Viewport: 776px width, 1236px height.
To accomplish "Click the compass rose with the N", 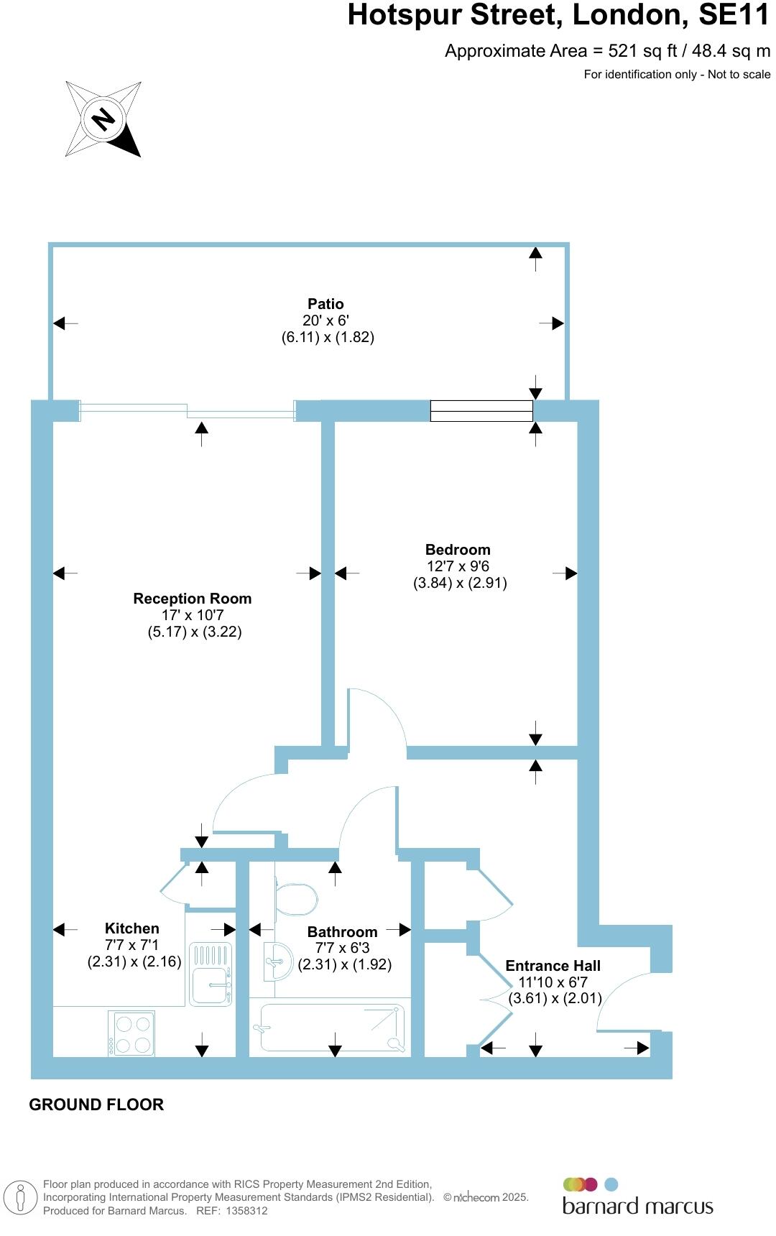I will pyautogui.click(x=103, y=119).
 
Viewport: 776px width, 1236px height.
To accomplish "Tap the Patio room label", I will pyautogui.click(x=326, y=304).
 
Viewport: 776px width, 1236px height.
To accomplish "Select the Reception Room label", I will pyautogui.click(x=193, y=599).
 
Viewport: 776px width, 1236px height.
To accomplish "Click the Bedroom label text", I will pyautogui.click(x=458, y=550).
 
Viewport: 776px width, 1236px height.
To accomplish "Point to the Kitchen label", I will pyautogui.click(x=132, y=928).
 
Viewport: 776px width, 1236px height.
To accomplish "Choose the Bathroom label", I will pyautogui.click(x=342, y=932).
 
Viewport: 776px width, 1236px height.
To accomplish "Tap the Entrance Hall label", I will pyautogui.click(x=553, y=966).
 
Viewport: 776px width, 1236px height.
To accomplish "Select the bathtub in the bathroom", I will pyautogui.click(x=331, y=1028).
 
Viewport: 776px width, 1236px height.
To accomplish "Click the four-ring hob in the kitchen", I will pyautogui.click(x=131, y=1033).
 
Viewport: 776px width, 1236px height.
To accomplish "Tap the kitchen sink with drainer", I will pyautogui.click(x=211, y=974).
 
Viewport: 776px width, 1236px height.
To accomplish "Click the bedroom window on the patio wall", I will pyautogui.click(x=481, y=410).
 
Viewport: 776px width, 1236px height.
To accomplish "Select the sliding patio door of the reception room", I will pyautogui.click(x=188, y=411).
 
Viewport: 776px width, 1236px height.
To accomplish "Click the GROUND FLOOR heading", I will pyautogui.click(x=96, y=1104).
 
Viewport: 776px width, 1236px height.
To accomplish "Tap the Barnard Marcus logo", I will pyautogui.click(x=637, y=1196).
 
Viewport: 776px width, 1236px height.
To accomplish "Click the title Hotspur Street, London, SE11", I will pyautogui.click(x=558, y=16).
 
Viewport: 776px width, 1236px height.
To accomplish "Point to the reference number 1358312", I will pyautogui.click(x=246, y=1211).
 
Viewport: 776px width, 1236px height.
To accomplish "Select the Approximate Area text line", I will pyautogui.click(x=607, y=51).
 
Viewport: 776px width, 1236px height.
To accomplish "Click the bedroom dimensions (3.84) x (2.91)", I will pyautogui.click(x=460, y=583).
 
